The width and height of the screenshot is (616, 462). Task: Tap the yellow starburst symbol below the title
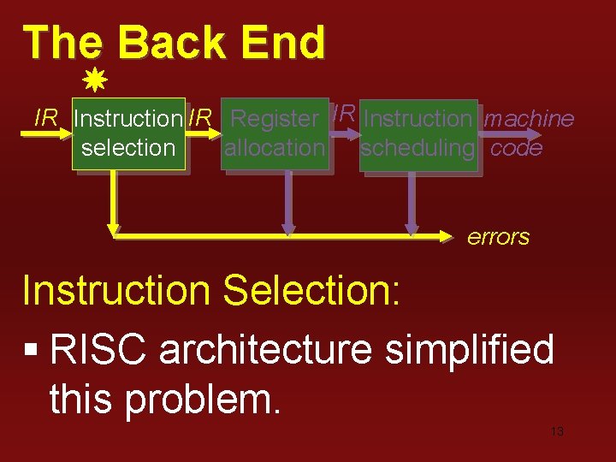click(x=95, y=82)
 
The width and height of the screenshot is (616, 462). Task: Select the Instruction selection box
click(x=128, y=133)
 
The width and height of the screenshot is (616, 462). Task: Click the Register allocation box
click(x=275, y=133)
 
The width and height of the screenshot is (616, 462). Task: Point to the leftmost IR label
click(x=45, y=118)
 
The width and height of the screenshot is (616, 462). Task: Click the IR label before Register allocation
click(x=200, y=118)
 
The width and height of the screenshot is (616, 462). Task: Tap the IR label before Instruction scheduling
click(x=344, y=112)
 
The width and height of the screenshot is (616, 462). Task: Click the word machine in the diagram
click(x=529, y=119)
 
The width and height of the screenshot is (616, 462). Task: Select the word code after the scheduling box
click(x=517, y=148)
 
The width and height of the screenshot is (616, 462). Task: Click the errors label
click(x=498, y=237)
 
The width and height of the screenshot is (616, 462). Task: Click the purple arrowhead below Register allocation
click(x=289, y=228)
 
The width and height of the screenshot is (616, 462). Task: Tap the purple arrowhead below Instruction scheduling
click(x=412, y=228)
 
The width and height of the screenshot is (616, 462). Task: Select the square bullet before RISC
click(x=32, y=352)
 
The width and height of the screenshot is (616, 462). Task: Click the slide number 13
click(x=556, y=432)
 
